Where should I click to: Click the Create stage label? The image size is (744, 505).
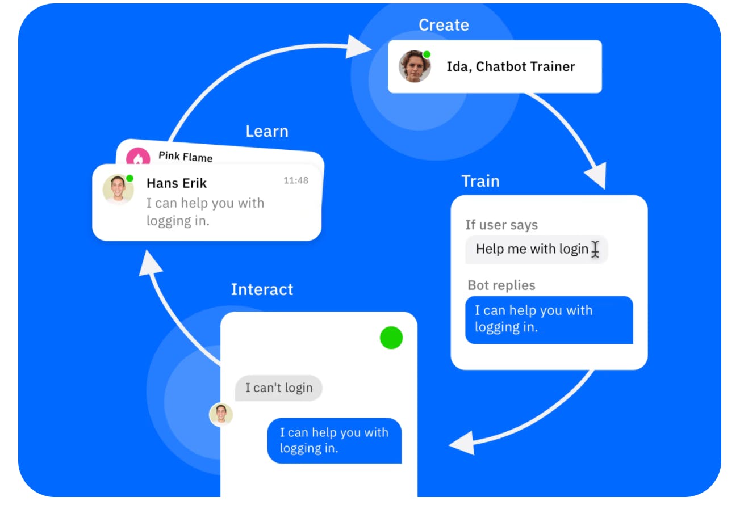444,25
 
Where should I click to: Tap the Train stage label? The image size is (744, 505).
480,182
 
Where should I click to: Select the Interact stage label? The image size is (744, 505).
262,289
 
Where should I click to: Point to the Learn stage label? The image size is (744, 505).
266,131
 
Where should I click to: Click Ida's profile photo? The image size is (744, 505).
415,66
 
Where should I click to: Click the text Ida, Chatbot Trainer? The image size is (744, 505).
511,66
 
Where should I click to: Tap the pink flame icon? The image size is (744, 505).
137,157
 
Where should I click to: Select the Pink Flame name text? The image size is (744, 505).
185,157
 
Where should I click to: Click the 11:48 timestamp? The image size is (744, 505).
296,180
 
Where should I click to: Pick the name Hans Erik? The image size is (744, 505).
177,183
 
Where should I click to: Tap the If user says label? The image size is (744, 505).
501,225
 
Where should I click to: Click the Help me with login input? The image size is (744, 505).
532,249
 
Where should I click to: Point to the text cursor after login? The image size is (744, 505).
595,249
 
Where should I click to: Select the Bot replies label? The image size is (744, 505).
501,285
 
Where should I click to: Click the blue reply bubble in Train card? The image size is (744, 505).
549,319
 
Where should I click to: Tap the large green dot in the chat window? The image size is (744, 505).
391,338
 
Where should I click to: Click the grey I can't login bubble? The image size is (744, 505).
278,388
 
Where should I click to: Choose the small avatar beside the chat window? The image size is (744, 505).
221,415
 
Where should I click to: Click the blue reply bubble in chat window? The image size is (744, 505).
334,440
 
